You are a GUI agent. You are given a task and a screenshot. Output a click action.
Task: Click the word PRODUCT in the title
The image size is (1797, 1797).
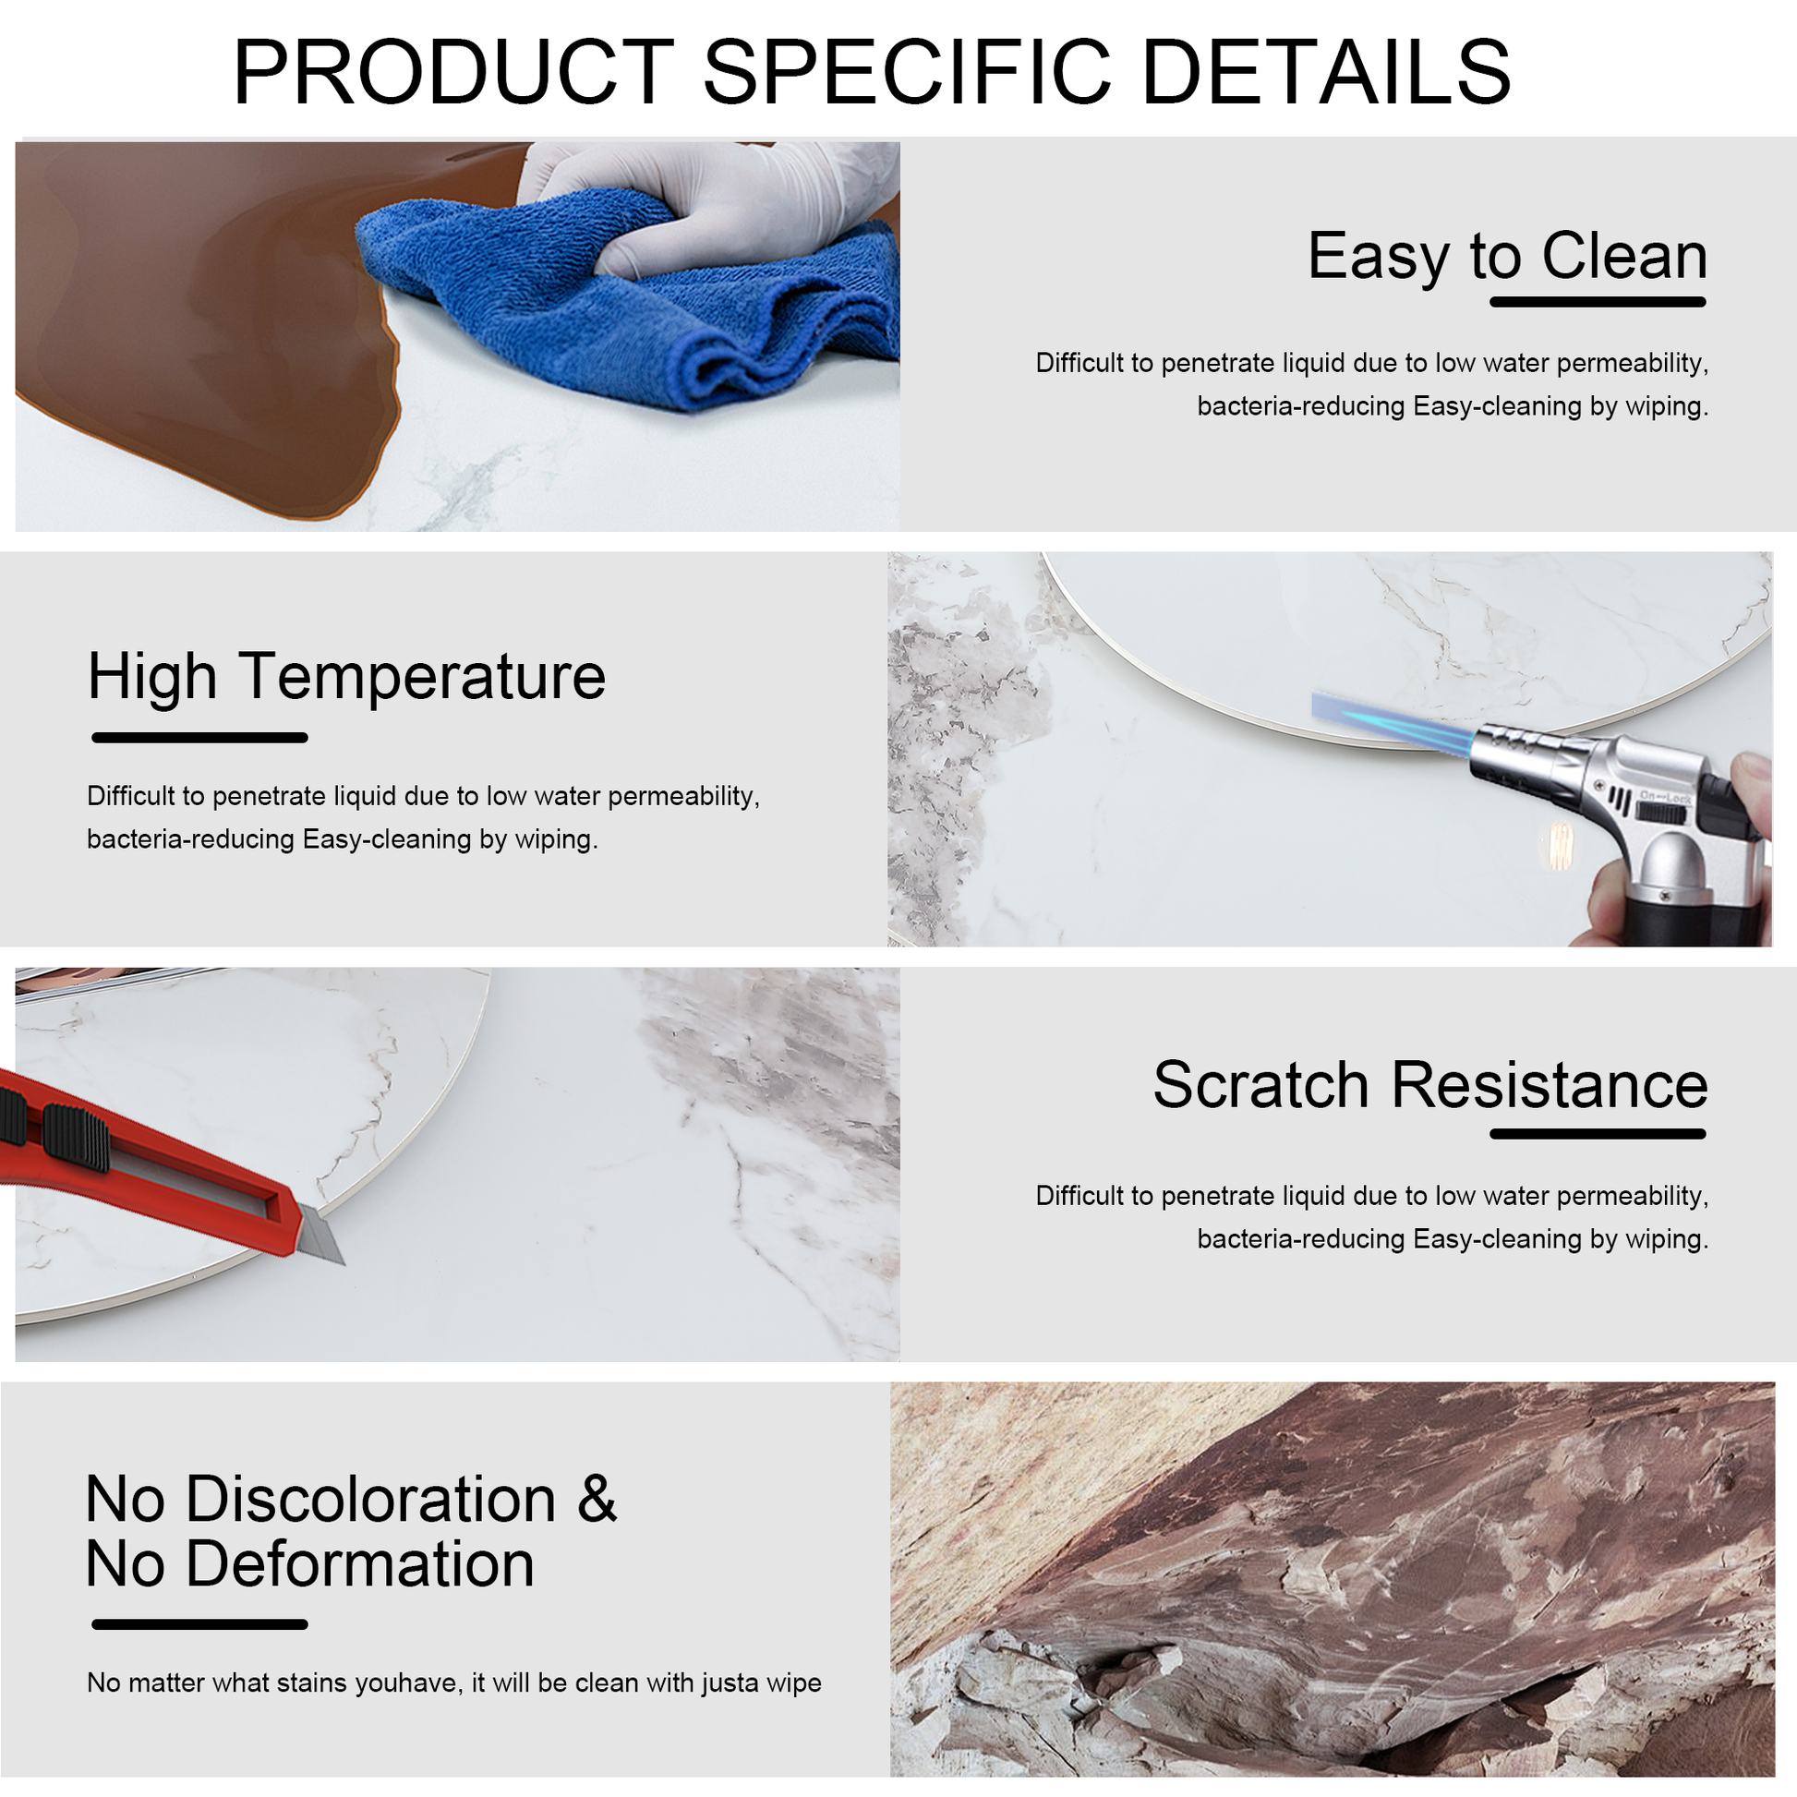click(454, 72)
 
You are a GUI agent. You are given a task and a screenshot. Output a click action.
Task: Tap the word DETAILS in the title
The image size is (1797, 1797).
click(1326, 72)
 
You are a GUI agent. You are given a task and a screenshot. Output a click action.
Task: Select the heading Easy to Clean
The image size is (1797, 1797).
click(1508, 255)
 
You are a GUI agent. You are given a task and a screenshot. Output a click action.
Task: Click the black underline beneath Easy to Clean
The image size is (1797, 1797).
click(1598, 302)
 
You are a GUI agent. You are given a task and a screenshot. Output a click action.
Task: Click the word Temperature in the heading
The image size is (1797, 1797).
click(422, 677)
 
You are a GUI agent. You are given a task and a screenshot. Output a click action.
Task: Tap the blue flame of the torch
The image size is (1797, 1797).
click(1395, 721)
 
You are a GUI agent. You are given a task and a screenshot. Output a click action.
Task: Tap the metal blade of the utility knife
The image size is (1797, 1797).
click(322, 1233)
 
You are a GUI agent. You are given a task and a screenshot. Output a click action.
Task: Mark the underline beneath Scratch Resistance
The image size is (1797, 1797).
click(1598, 1134)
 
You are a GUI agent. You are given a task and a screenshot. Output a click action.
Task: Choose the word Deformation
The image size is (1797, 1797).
click(360, 1564)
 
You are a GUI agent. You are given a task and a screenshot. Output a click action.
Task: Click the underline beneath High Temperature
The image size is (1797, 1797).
click(200, 738)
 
